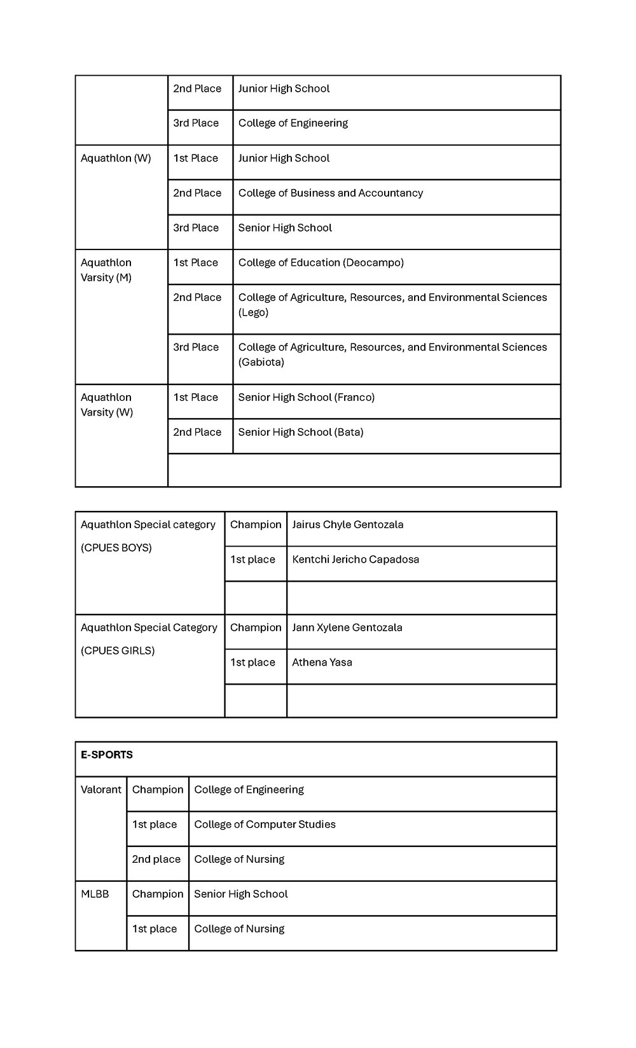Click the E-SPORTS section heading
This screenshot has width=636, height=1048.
[106, 755]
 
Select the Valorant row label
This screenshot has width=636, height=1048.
[100, 790]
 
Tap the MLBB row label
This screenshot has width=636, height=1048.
[95, 894]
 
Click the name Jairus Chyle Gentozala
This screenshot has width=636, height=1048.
[347, 525]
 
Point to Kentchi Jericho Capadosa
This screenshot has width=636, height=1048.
[355, 560]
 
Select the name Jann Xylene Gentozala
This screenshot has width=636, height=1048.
[347, 627]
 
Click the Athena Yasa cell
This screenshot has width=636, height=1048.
[322, 662]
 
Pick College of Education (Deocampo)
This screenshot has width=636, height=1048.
[321, 263]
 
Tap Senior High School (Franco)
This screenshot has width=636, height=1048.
[306, 398]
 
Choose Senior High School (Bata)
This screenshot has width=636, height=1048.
[300, 433]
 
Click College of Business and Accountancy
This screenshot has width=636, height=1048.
[330, 193]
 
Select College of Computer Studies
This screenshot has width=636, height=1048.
[265, 825]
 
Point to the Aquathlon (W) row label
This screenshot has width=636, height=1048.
[116, 158]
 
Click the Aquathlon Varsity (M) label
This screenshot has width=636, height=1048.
[106, 270]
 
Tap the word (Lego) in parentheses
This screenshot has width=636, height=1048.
[253, 312]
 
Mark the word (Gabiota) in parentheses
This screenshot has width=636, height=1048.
[261, 363]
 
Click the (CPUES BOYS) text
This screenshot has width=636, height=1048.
[116, 548]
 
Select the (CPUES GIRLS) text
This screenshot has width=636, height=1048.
[118, 651]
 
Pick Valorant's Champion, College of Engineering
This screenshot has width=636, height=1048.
[249, 790]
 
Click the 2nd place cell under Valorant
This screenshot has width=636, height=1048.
[156, 860]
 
